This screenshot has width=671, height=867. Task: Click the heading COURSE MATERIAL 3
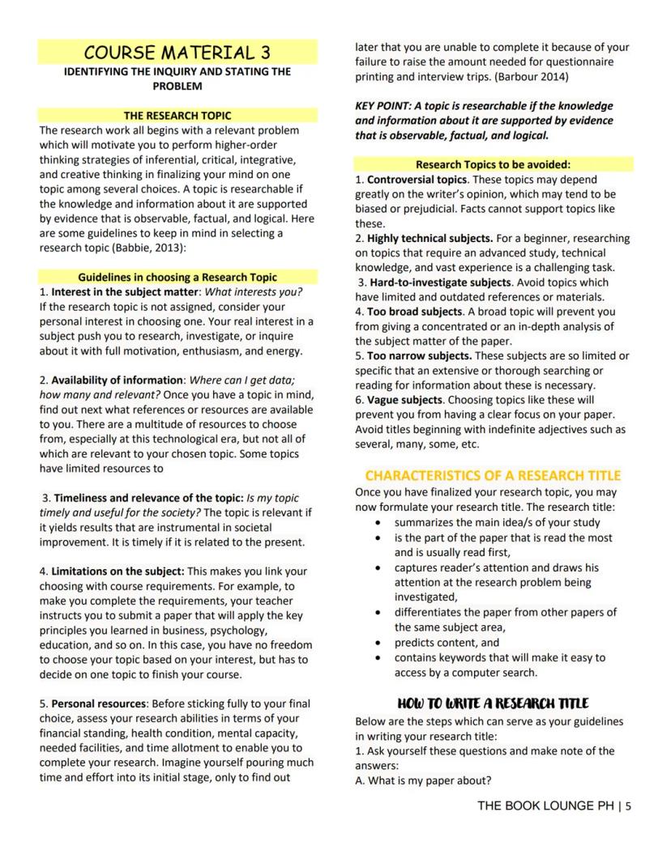coord(177,53)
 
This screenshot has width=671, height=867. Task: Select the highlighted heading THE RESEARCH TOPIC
coord(177,116)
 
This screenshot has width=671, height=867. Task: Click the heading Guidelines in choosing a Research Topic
coord(177,277)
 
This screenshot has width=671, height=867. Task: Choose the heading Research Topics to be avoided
coord(493,164)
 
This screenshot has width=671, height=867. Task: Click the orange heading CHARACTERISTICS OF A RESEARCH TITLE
coord(493,475)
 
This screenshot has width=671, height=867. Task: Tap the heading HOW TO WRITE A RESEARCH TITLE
coord(493,703)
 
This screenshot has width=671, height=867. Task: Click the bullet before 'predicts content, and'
coord(378,643)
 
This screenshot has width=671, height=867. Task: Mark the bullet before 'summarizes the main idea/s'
coord(378,523)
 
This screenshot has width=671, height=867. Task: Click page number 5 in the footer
coord(628,805)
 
